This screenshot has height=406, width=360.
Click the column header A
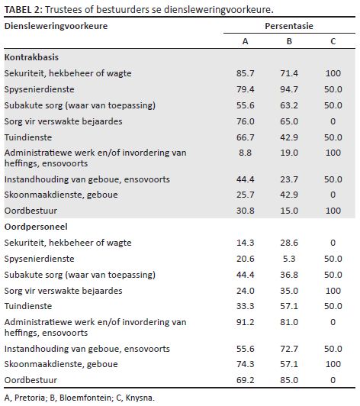[245, 41]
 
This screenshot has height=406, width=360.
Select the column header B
[289, 41]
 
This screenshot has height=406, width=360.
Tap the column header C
[333, 41]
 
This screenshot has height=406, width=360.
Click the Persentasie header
[289, 26]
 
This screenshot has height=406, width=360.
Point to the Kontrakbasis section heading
[31, 57]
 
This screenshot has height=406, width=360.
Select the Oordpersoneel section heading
[36, 227]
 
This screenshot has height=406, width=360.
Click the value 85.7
[245, 73]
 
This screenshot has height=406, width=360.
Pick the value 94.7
[289, 89]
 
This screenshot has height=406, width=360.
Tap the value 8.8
[245, 153]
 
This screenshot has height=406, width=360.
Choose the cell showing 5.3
[289, 259]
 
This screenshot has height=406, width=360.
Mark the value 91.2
[245, 322]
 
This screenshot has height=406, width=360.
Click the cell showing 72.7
[289, 349]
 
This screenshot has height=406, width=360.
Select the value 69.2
[245, 380]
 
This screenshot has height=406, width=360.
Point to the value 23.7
[289, 179]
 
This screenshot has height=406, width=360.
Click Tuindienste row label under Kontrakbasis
[28, 137]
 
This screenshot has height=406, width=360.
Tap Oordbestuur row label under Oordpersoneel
[31, 380]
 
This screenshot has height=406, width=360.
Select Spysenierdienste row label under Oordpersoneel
[40, 259]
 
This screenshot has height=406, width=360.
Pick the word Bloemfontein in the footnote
[85, 398]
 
